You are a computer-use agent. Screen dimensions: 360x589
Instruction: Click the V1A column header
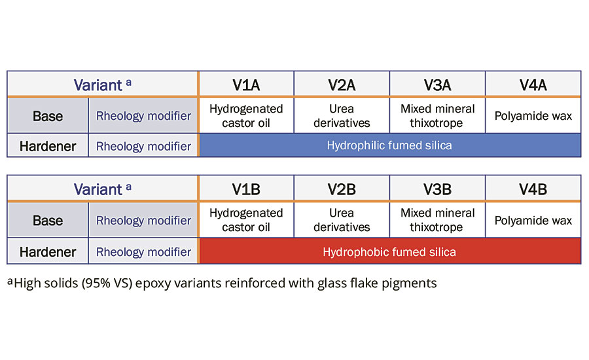246,85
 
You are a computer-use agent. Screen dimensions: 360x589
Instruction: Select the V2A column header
342,85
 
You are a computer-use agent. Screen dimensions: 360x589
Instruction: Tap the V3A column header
437,85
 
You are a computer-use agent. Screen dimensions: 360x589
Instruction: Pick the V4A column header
533,85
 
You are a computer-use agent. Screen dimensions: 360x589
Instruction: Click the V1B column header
246,189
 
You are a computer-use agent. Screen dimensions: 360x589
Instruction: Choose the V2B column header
342,189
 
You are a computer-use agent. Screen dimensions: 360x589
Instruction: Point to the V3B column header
437,189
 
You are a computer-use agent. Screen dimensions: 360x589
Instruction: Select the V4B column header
533,189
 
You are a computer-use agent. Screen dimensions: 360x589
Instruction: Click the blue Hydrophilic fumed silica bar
389,145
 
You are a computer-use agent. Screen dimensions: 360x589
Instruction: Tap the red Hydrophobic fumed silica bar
389,251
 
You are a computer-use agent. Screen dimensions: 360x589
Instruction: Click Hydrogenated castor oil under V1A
246,116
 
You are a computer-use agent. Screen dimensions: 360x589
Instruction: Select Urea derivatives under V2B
342,220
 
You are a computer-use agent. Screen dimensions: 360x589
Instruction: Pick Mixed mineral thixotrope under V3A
437,116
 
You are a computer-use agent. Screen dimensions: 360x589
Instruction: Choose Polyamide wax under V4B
533,221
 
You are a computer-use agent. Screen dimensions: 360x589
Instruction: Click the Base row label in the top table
48,117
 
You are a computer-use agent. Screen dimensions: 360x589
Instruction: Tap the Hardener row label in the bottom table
48,252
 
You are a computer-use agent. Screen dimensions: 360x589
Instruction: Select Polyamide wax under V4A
533,117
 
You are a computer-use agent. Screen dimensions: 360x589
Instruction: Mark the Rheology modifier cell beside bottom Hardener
143,252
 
